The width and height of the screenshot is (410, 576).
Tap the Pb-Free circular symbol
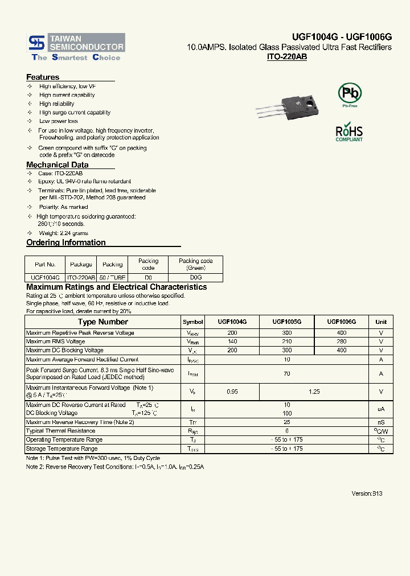[350, 94]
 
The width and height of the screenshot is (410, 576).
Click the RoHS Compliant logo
[349, 132]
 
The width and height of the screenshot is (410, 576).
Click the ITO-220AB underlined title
[287, 57]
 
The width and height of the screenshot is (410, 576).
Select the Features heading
[43, 77]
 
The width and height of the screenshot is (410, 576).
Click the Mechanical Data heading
[57, 165]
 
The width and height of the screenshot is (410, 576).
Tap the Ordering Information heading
[66, 242]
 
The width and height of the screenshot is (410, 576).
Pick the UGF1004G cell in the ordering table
[45, 277]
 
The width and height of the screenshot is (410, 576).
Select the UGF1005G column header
[286, 322]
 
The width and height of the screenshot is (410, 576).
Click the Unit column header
[381, 322]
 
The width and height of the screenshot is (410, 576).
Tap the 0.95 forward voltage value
[232, 392]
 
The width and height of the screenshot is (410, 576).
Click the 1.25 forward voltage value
[314, 392]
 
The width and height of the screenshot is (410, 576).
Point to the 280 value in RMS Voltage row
[341, 342]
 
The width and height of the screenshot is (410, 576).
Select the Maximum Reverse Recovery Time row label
[80, 422]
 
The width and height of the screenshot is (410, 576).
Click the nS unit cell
[381, 422]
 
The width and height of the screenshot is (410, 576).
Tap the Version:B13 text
[367, 493]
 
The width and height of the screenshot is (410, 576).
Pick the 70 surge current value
[286, 373]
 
